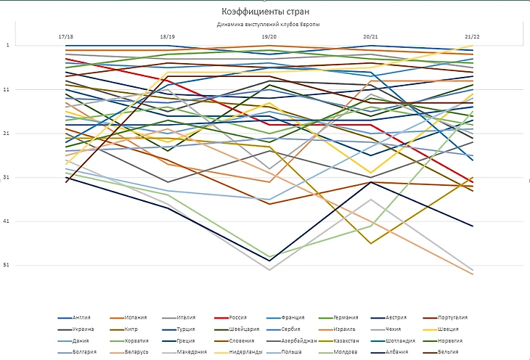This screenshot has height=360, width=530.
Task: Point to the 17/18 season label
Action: coord(65,36)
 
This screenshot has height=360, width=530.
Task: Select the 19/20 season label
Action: coord(269,36)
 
